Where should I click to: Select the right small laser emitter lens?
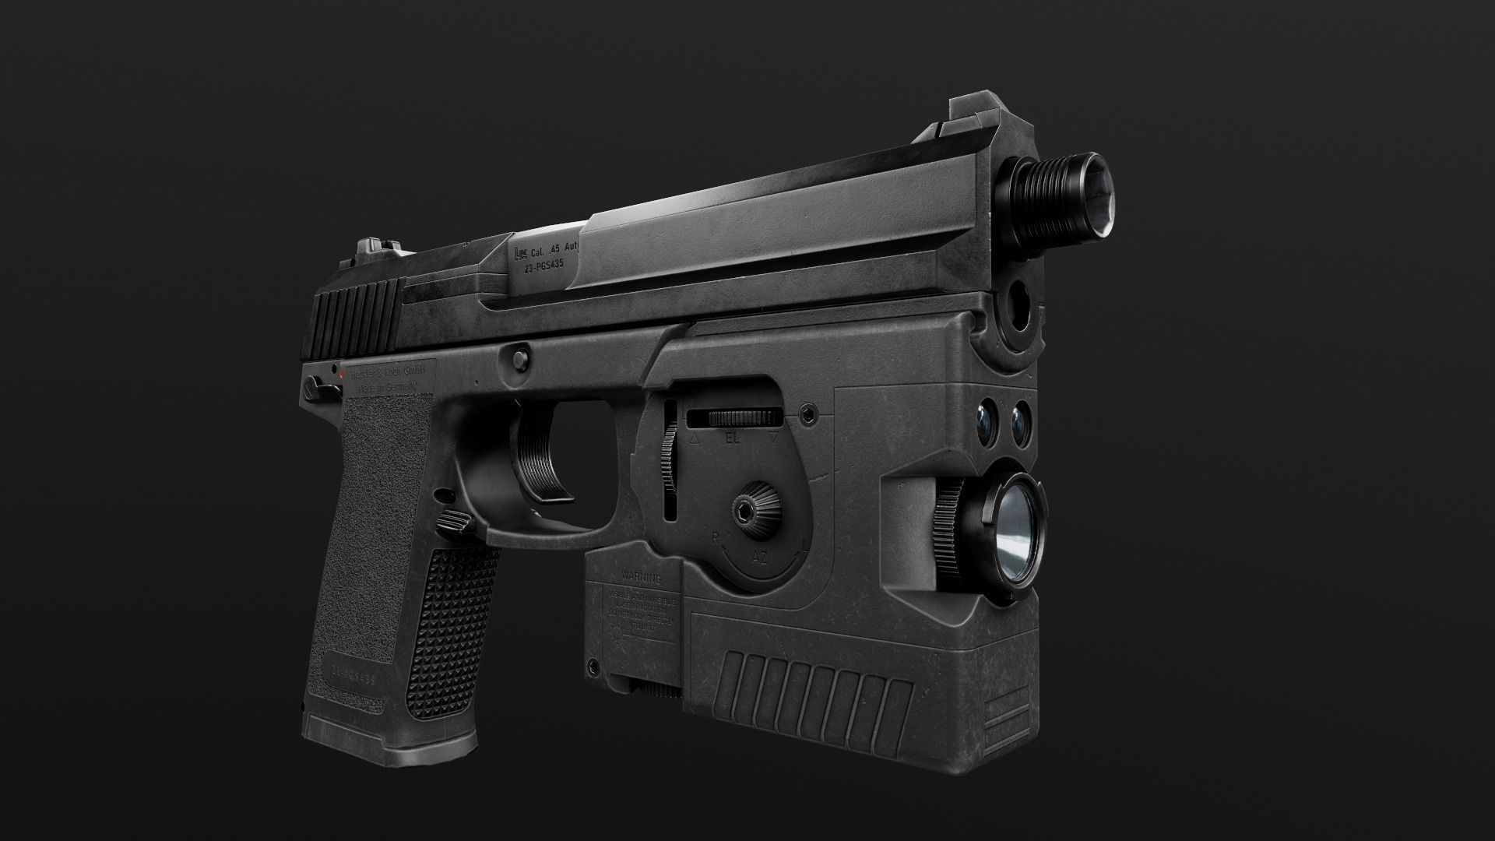coord(1021,423)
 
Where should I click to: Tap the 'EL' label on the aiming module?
coord(732,438)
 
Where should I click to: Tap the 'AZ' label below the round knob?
coord(760,558)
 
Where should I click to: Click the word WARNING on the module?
coord(641,579)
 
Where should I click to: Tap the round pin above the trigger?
coord(517,356)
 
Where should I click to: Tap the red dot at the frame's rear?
coord(342,375)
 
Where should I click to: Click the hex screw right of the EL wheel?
coord(811,412)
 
